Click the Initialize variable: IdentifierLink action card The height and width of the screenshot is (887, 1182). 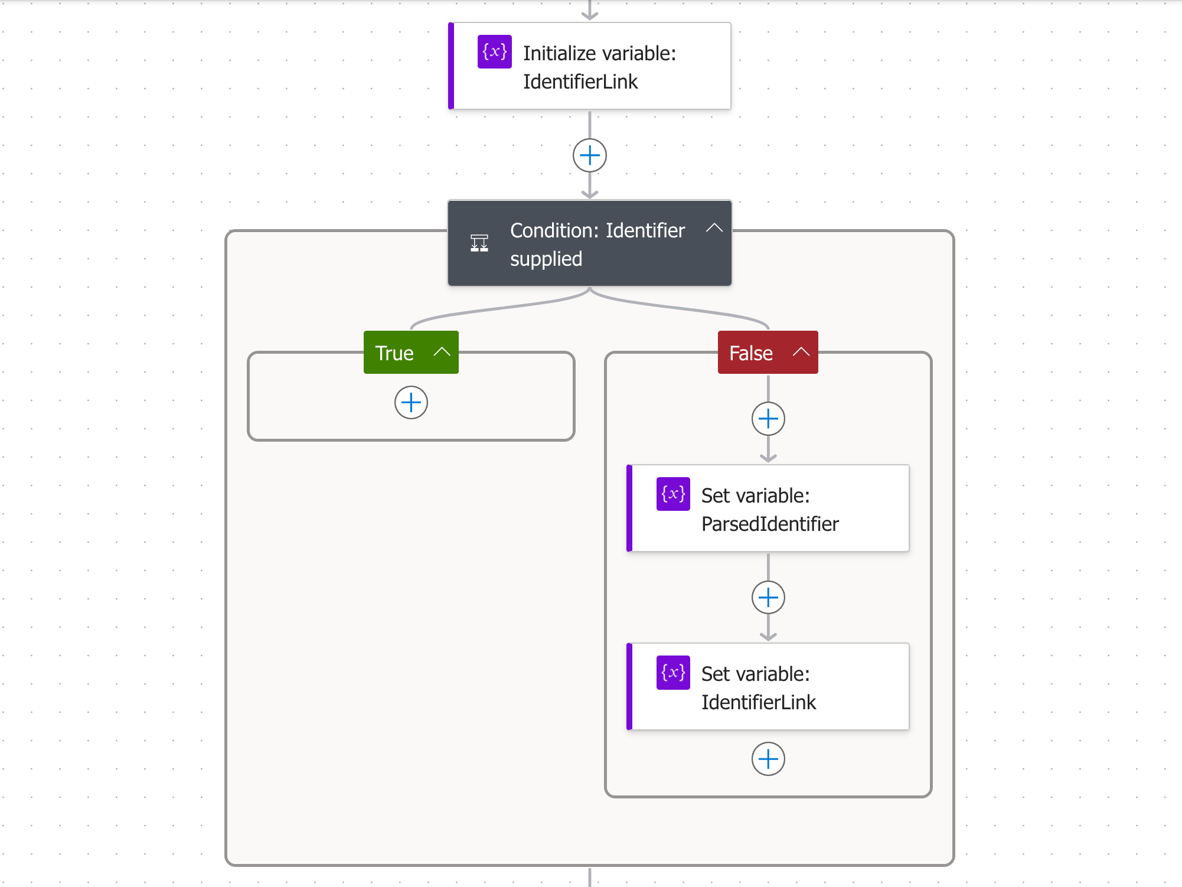(x=590, y=66)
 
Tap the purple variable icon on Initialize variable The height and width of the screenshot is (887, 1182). (x=495, y=52)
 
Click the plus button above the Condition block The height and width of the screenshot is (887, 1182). (x=590, y=156)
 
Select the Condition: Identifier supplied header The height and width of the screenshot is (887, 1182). (x=590, y=243)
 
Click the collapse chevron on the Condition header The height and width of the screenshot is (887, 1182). (x=714, y=228)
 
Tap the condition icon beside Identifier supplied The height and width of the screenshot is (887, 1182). (x=479, y=243)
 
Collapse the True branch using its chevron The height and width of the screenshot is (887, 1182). (x=442, y=352)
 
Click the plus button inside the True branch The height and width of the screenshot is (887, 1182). (x=411, y=403)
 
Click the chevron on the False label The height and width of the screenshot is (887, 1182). (x=801, y=352)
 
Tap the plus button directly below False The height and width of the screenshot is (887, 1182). (x=768, y=419)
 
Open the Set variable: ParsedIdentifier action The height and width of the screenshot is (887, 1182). (x=768, y=508)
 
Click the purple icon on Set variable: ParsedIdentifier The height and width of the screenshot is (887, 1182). (x=673, y=494)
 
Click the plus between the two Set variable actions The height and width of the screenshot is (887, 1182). (x=768, y=598)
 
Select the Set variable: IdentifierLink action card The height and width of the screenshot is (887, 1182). (x=768, y=687)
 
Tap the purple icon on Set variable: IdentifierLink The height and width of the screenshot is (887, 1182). (x=673, y=673)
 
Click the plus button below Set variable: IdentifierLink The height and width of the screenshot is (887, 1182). (x=768, y=759)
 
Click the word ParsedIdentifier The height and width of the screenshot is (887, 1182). (x=770, y=524)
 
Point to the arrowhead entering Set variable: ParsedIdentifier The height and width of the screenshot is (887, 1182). (x=768, y=458)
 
